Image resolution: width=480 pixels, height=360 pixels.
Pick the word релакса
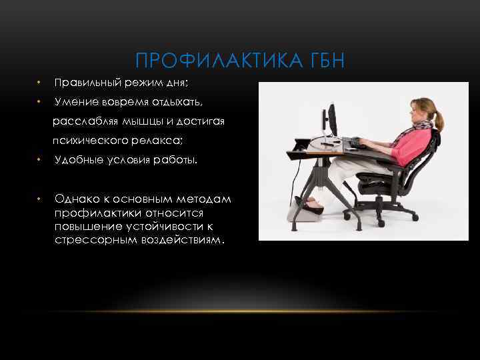(x=159, y=141)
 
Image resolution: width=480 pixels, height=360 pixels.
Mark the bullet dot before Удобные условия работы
(x=40, y=160)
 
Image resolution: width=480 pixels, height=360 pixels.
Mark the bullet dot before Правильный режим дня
(x=40, y=83)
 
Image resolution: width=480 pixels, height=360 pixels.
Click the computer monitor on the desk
(x=328, y=121)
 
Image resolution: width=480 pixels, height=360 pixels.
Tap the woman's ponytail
(x=439, y=122)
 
